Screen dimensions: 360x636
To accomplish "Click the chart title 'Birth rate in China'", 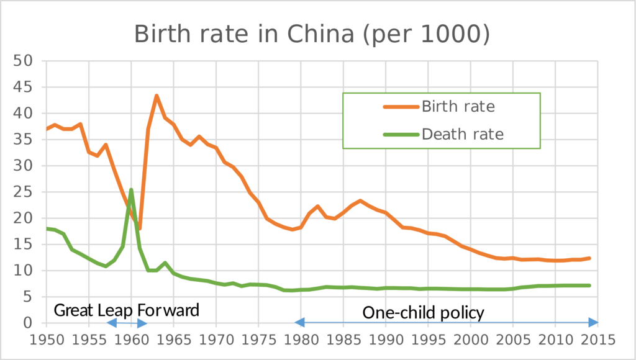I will click(x=312, y=35).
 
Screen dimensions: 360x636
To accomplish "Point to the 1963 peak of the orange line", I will click(x=157, y=96).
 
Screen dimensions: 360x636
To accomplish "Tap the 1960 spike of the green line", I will click(x=131, y=189).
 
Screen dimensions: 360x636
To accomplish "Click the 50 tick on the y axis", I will click(x=26, y=61).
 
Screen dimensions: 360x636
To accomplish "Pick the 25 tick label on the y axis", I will click(x=26, y=192).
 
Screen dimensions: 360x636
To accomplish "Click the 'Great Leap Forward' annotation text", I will click(x=127, y=310).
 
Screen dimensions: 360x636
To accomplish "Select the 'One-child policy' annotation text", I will click(x=423, y=313).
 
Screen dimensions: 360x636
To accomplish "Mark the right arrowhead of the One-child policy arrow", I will click(x=593, y=322).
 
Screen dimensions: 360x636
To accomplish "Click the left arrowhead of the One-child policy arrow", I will click(x=300, y=322).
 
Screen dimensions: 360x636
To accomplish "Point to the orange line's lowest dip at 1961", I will click(x=140, y=228).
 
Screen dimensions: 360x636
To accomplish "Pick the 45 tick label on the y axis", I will click(x=26, y=87).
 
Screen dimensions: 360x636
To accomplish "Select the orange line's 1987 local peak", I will click(x=361, y=200).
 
